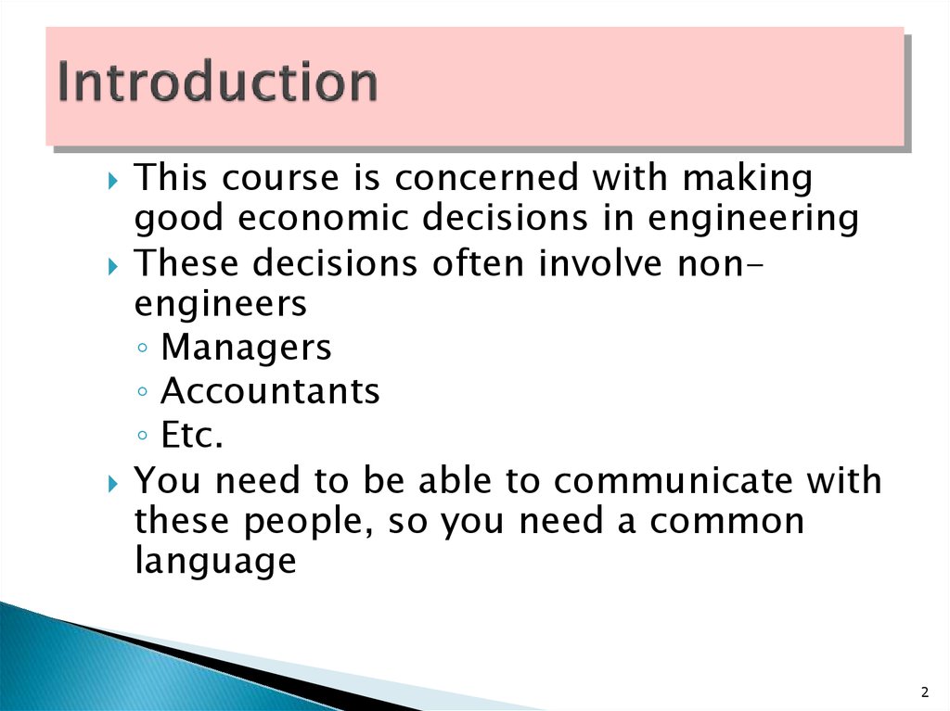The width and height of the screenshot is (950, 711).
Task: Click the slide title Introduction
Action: [217, 82]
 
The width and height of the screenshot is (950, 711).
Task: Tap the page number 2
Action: [925, 692]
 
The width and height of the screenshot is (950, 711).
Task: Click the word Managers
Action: [246, 347]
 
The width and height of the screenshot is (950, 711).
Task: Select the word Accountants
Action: [270, 390]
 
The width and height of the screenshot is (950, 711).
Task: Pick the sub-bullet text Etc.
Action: [192, 435]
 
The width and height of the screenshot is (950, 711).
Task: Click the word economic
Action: [323, 218]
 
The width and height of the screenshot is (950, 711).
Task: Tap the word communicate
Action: [674, 480]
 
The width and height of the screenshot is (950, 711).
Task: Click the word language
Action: [215, 561]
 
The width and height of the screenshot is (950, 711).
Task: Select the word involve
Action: [600, 263]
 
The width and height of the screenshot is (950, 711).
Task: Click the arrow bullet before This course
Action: [113, 180]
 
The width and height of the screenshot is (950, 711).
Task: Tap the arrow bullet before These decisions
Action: [113, 266]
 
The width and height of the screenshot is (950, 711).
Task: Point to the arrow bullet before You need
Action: [113, 483]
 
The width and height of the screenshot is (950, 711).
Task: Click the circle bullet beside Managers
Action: [142, 348]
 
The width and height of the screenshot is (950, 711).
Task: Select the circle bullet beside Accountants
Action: [142, 391]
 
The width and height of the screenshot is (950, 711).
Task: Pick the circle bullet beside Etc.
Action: [142, 435]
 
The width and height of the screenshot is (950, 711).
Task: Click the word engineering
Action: [753, 219]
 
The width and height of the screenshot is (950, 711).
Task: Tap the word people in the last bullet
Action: [308, 523]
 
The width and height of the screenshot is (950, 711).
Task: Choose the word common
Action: [727, 522]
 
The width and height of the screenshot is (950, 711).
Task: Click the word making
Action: [748, 179]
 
